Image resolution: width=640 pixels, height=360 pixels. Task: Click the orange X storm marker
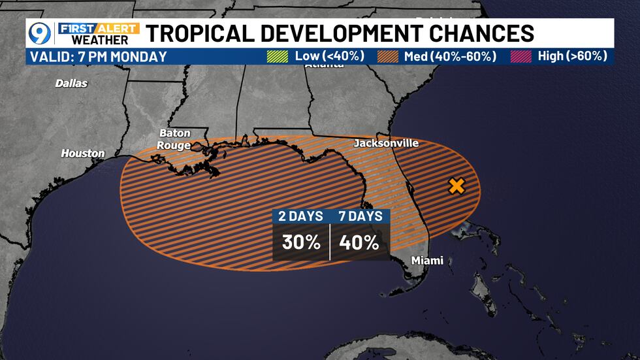tap(456, 186)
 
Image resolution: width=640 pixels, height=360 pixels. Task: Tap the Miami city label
tap(427, 261)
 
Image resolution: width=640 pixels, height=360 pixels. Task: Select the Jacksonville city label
tap(386, 143)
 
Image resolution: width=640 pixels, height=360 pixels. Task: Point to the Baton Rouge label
tap(174, 139)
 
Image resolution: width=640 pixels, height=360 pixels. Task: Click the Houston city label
tap(83, 154)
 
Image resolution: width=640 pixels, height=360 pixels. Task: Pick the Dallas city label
tap(71, 84)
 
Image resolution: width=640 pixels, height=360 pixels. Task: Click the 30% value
tap(301, 242)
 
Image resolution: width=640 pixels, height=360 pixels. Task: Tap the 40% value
tap(359, 242)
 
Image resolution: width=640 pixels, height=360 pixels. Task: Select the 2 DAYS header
tap(301, 216)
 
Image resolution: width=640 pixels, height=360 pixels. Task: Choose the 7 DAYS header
tap(360, 216)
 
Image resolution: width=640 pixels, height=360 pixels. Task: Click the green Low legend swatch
tap(278, 56)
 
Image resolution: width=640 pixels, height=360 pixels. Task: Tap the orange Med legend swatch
tap(387, 56)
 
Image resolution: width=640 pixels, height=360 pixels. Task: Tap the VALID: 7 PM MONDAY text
tap(98, 57)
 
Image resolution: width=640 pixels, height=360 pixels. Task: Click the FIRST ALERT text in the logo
tap(99, 28)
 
